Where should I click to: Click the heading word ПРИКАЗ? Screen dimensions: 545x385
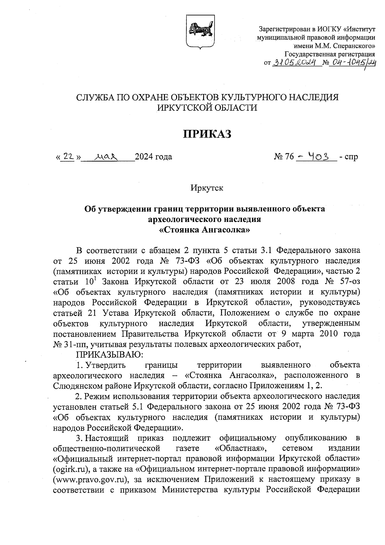(x=207, y=134)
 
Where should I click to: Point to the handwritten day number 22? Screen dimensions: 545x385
(x=68, y=156)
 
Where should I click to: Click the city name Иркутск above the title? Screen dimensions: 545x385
(x=207, y=188)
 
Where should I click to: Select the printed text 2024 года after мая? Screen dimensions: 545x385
(x=153, y=157)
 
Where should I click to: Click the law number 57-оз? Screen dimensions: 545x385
(x=348, y=282)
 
